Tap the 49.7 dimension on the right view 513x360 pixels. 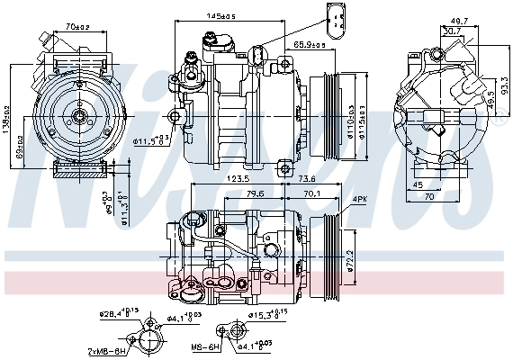point(460,19)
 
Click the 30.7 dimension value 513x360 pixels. point(452,31)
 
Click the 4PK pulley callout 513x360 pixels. point(360,199)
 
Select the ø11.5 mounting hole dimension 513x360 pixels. point(153,140)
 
